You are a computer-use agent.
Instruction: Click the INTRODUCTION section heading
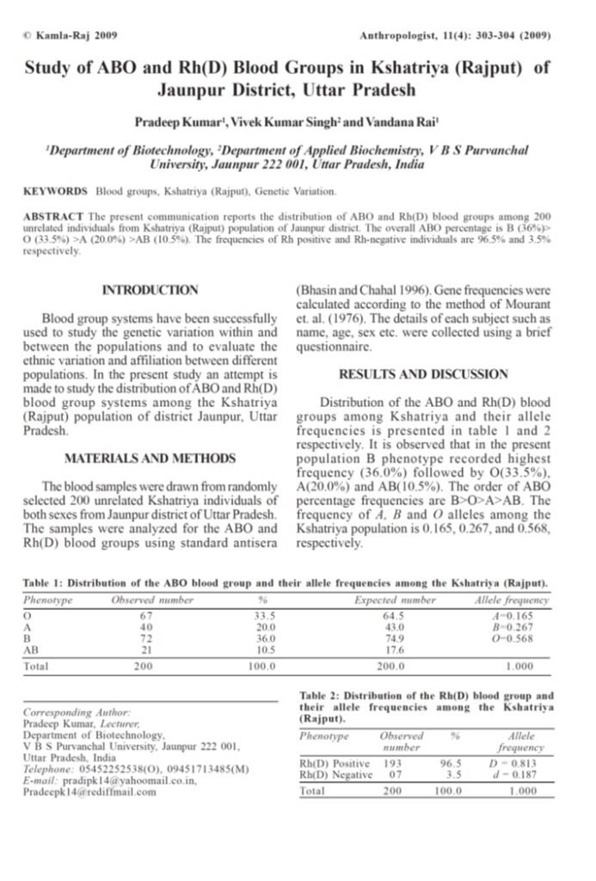[150, 290]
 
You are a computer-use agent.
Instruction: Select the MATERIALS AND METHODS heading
[150, 457]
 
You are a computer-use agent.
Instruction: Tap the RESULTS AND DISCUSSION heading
[422, 373]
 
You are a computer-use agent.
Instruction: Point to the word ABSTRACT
[55, 213]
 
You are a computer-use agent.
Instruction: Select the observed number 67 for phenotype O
[145, 615]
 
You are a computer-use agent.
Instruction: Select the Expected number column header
[395, 600]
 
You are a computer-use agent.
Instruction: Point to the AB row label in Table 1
[32, 650]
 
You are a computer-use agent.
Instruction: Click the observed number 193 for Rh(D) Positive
[392, 763]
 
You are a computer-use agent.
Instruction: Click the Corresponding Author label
[77, 713]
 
